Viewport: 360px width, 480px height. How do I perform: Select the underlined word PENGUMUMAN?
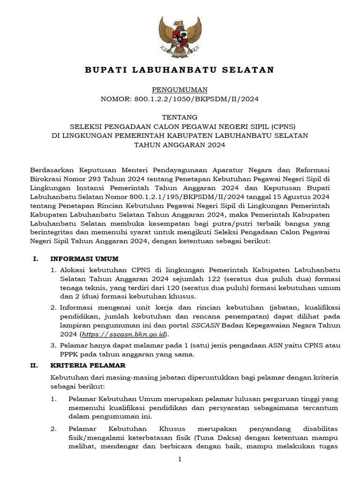pos(180,90)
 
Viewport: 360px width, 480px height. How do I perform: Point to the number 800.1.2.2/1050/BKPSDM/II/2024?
pos(196,99)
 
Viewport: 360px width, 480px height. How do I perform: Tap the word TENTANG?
pos(180,117)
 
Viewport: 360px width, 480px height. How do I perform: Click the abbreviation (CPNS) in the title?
pos(280,126)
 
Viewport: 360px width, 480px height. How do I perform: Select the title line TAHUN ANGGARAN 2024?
pos(180,145)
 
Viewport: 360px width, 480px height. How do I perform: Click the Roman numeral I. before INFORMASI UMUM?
pos(35,259)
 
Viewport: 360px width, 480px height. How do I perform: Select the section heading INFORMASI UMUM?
pos(85,259)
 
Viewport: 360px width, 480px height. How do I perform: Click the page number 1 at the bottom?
pos(180,461)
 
